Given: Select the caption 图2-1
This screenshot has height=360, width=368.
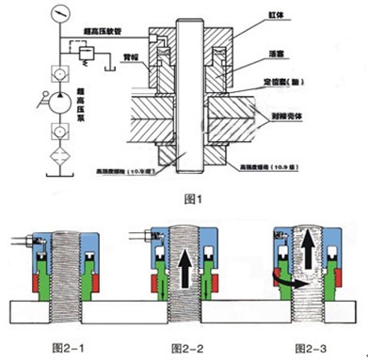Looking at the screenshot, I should (65, 349).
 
